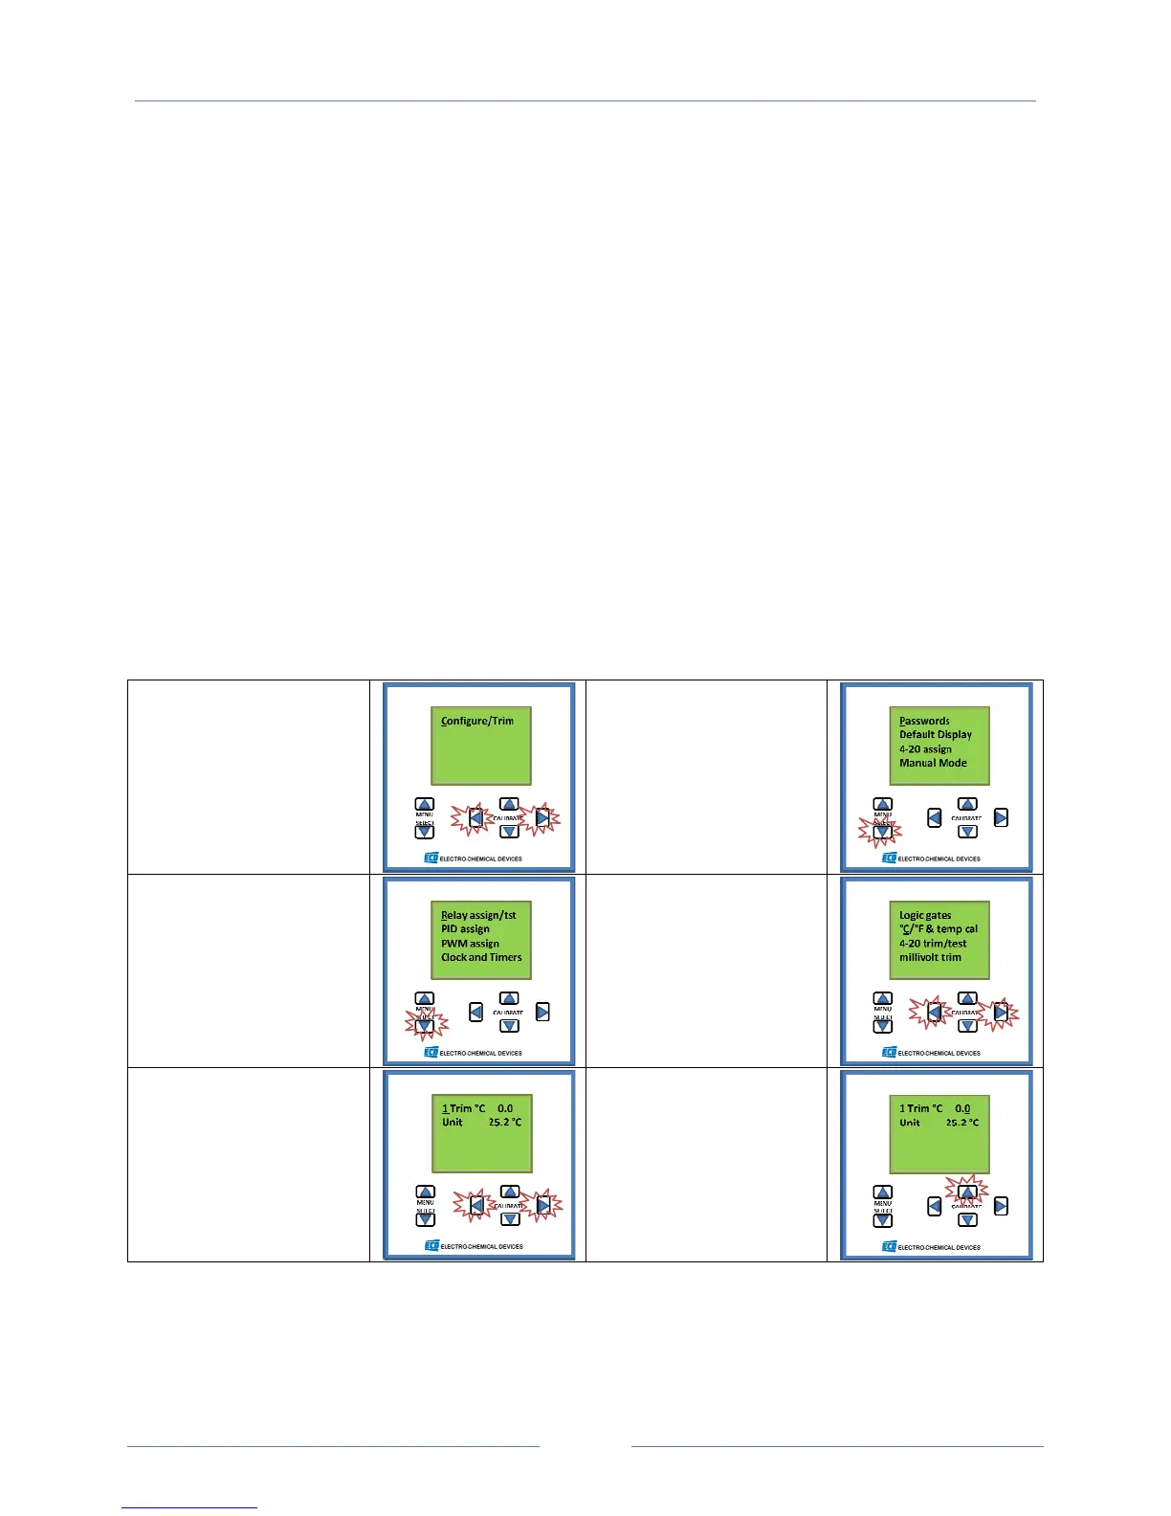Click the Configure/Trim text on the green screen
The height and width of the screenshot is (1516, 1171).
pyautogui.click(x=477, y=721)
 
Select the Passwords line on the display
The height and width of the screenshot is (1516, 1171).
pyautogui.click(x=924, y=721)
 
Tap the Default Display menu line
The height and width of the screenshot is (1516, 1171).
pyautogui.click(x=935, y=735)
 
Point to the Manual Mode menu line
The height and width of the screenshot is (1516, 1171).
pyautogui.click(x=933, y=763)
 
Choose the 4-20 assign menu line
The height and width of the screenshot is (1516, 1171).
pyautogui.click(x=925, y=749)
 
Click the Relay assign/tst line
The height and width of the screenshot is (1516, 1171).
pyautogui.click(x=478, y=915)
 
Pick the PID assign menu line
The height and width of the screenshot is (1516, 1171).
pyautogui.click(x=465, y=929)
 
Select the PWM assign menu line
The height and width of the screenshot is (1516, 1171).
pyautogui.click(x=470, y=944)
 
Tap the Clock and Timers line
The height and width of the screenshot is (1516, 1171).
pyautogui.click(x=481, y=957)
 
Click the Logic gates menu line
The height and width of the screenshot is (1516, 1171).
pyautogui.click(x=925, y=915)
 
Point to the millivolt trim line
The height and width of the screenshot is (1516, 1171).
pyautogui.click(x=930, y=957)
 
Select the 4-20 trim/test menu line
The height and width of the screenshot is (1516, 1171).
pyautogui.click(x=933, y=944)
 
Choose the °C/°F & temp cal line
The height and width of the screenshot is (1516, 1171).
pyautogui.click(x=939, y=929)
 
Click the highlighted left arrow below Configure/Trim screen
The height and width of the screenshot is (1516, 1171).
pyautogui.click(x=475, y=818)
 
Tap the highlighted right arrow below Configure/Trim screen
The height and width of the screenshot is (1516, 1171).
pyautogui.click(x=542, y=818)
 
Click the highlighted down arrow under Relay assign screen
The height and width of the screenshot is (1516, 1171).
pyautogui.click(x=425, y=1026)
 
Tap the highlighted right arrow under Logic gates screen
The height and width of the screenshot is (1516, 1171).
pyautogui.click(x=1001, y=1012)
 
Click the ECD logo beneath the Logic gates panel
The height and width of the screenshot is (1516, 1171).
pyautogui.click(x=889, y=1053)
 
